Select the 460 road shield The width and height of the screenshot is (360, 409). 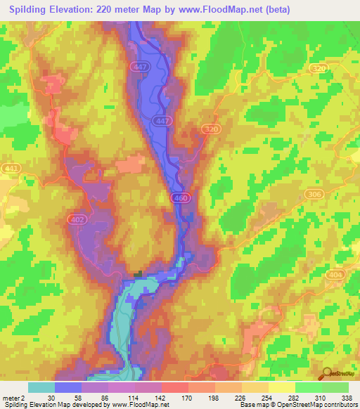pos(179,200)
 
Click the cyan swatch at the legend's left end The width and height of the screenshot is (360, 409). pos(41,387)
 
